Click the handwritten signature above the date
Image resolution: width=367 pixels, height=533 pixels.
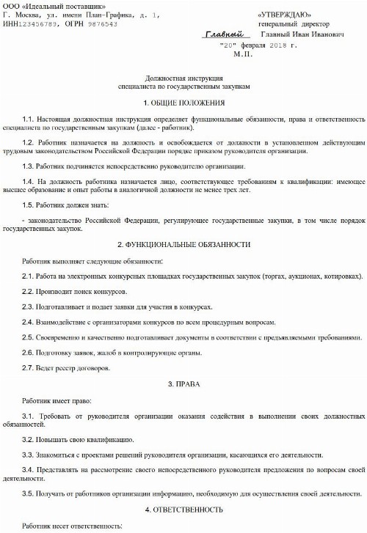pyautogui.click(x=223, y=34)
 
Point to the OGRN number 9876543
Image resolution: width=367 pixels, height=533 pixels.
pyautogui.click(x=100, y=23)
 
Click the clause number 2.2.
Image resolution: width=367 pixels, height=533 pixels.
pyautogui.click(x=29, y=293)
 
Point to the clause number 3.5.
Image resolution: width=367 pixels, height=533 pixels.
pyautogui.click(x=29, y=492)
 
